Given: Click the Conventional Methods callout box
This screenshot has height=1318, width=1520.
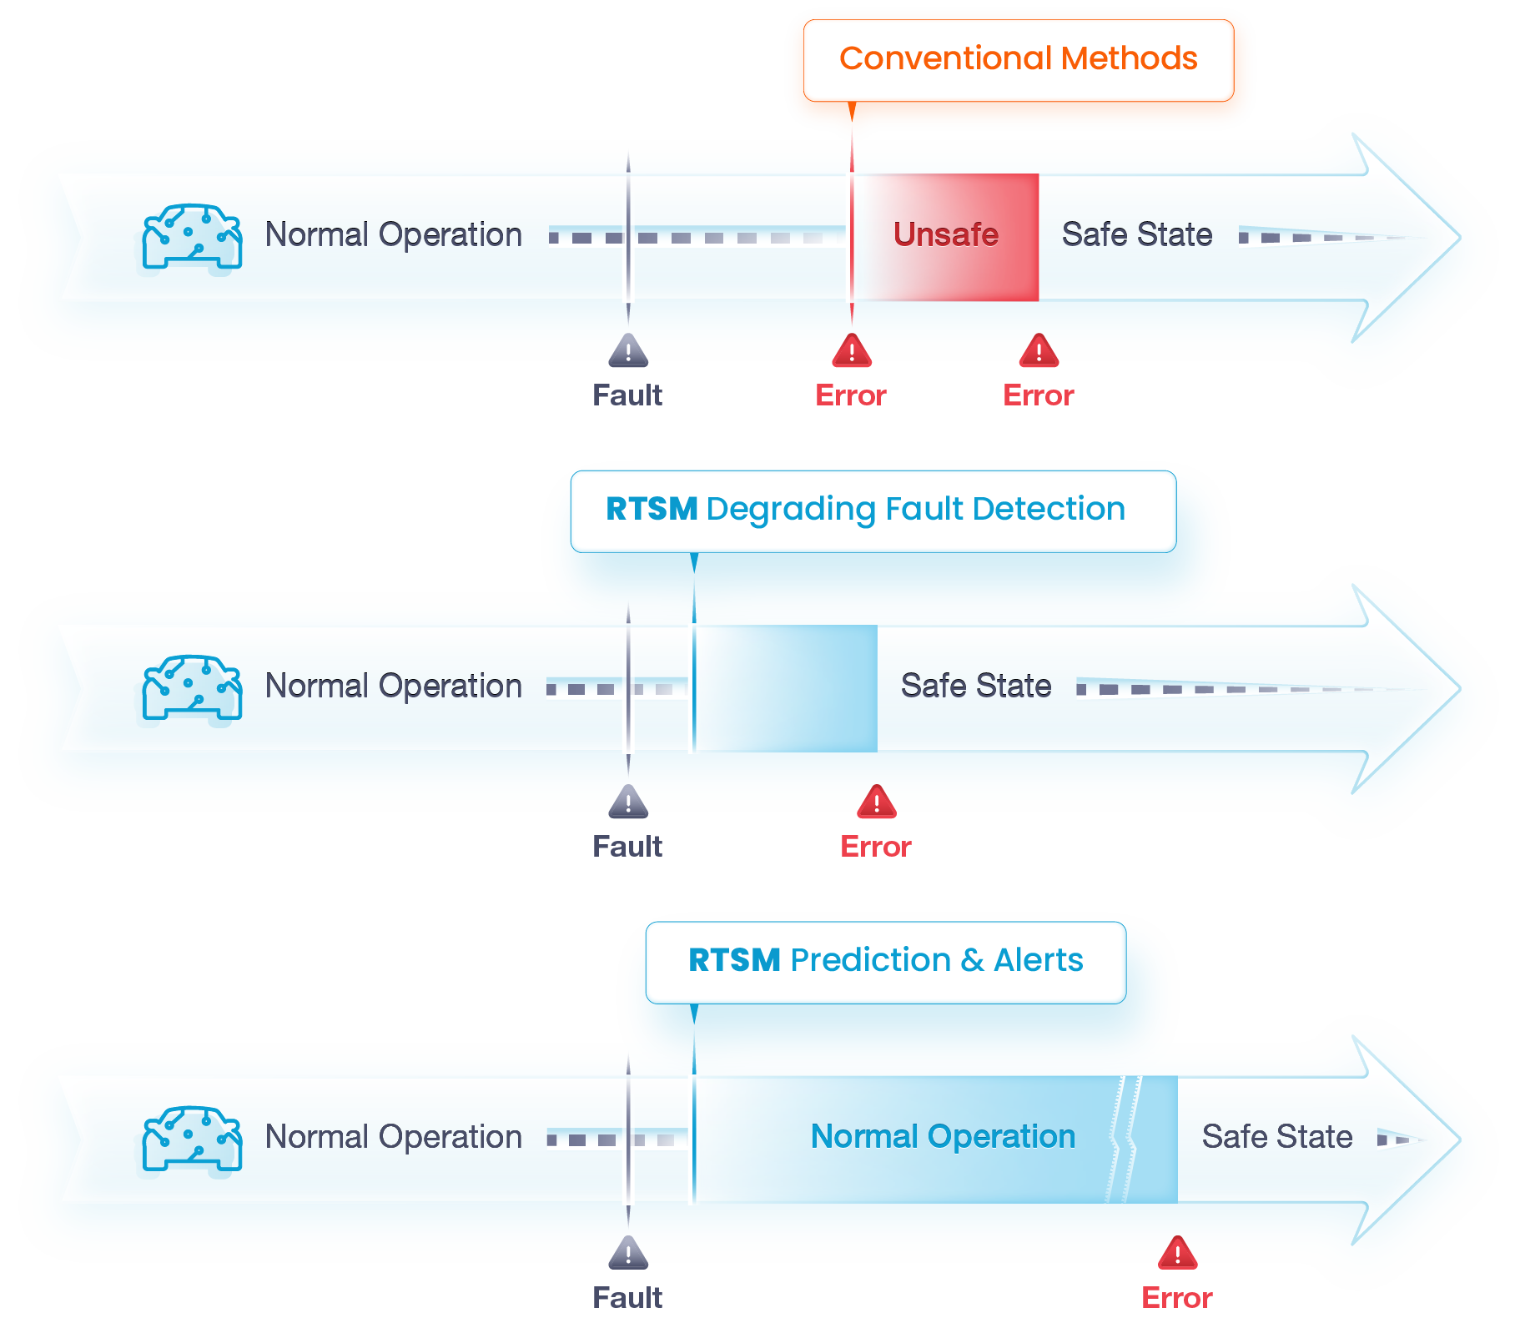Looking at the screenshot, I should click(x=1018, y=59).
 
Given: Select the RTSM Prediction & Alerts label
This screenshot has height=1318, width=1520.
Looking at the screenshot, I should click(x=885, y=961).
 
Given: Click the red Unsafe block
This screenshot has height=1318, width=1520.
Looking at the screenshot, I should click(x=946, y=237).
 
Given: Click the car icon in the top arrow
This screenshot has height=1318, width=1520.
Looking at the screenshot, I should click(x=192, y=238).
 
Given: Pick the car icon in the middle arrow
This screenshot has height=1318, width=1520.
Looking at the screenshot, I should click(x=192, y=689).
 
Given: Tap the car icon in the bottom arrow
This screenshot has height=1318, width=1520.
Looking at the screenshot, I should click(x=192, y=1139).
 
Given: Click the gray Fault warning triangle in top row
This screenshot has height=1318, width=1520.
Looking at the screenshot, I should click(x=628, y=351).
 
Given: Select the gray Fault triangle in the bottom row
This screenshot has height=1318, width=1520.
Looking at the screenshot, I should click(x=628, y=1254).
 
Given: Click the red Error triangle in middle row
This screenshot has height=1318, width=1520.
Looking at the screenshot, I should click(x=876, y=802).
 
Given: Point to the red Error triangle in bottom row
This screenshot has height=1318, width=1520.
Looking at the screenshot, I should click(x=1177, y=1254).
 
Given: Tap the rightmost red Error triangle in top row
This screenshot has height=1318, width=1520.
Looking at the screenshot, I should click(x=1039, y=351).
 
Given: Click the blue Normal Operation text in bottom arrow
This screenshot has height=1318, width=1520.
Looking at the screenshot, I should click(x=943, y=1137).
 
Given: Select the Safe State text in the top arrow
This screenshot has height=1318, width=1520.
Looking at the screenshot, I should click(x=1136, y=235).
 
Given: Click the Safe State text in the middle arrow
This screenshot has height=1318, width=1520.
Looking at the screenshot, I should click(x=975, y=687).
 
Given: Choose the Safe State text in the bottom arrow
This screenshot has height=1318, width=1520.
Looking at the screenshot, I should click(x=1276, y=1137).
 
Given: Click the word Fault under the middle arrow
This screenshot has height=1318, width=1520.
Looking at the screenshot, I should click(x=627, y=847).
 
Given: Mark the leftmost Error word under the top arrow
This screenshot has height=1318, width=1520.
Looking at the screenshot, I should click(x=850, y=395).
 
